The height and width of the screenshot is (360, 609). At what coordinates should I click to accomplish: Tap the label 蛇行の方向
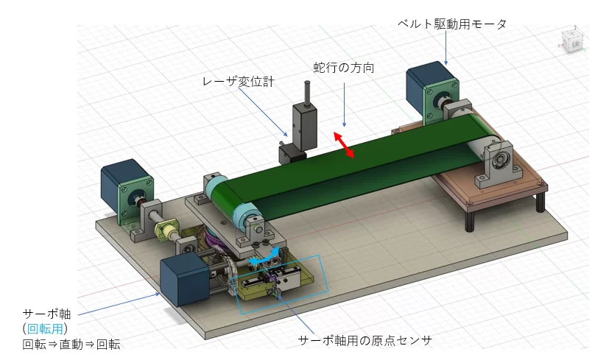[344, 68]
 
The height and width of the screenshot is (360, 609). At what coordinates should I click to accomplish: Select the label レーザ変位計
[239, 82]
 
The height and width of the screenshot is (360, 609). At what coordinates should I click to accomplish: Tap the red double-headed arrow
[344, 144]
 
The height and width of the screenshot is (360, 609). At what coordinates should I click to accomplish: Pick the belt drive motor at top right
[431, 88]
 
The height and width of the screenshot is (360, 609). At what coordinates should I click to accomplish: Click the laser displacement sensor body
[303, 125]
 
